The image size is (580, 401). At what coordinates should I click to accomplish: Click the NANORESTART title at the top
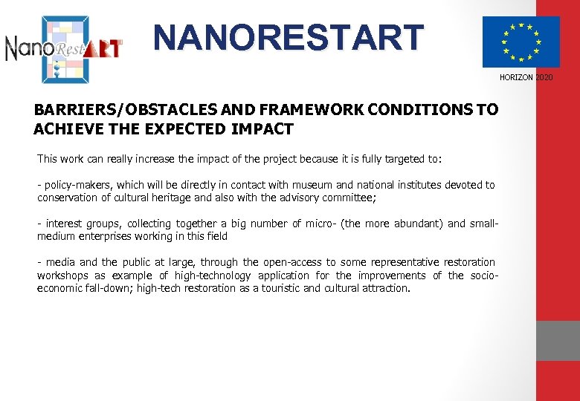pyautogui.click(x=289, y=38)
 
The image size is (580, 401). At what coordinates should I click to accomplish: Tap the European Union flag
pyautogui.click(x=521, y=42)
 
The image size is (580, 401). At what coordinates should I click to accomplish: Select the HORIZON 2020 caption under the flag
pyautogui.click(x=526, y=78)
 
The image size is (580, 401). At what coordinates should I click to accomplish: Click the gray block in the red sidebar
pyautogui.click(x=558, y=341)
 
